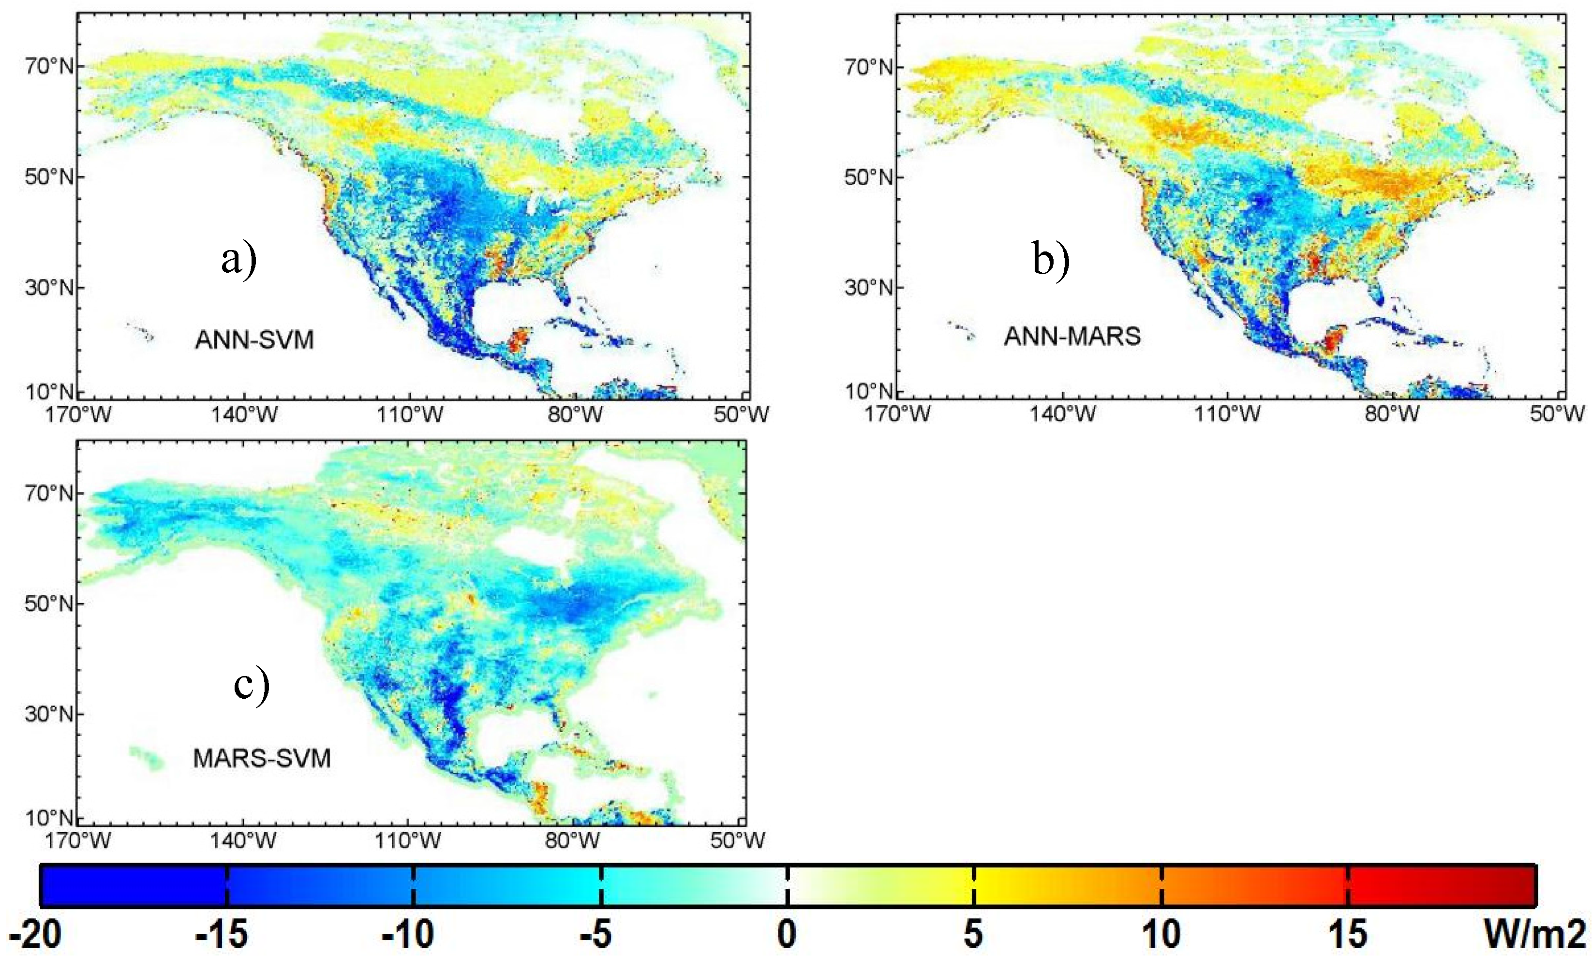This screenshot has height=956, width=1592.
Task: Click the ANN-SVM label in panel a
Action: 254,339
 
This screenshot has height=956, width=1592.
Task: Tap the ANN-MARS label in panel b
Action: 1072,336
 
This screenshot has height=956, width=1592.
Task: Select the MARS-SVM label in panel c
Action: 262,758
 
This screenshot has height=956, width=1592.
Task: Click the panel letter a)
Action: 239,260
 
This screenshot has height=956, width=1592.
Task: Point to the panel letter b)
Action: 1051,260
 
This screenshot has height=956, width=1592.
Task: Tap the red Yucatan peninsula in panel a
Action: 517,339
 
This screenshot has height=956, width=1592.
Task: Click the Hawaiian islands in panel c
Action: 148,758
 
